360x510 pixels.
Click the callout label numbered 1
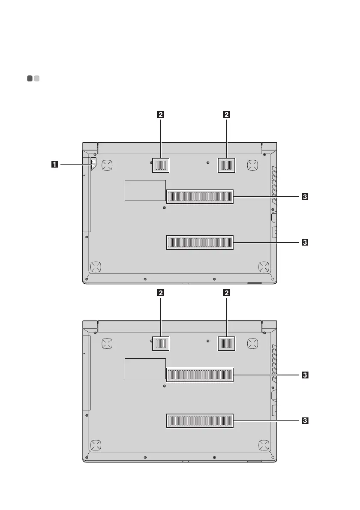pyautogui.click(x=54, y=163)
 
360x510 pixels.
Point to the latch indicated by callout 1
pyautogui.click(x=94, y=162)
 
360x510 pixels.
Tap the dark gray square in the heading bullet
pyautogui.click(x=30, y=79)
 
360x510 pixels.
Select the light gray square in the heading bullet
pyautogui.click(x=37, y=79)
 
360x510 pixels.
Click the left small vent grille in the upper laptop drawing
pyautogui.click(x=160, y=165)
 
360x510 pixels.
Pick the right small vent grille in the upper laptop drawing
pyautogui.click(x=227, y=165)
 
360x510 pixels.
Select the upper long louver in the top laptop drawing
pyautogui.click(x=200, y=197)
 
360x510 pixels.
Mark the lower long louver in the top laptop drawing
pyautogui.click(x=200, y=243)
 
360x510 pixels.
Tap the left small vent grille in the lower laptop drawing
pyautogui.click(x=160, y=343)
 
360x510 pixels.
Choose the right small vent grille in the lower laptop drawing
pyautogui.click(x=227, y=343)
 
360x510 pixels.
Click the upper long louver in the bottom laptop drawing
pyautogui.click(x=200, y=375)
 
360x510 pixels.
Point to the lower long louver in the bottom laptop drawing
pyautogui.click(x=200, y=420)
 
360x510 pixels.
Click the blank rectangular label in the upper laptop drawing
pyautogui.click(x=145, y=191)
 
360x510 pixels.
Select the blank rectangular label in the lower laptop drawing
pyautogui.click(x=145, y=369)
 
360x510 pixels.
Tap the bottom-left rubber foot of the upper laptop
pyautogui.click(x=96, y=267)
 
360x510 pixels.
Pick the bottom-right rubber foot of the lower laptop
pyautogui.click(x=263, y=445)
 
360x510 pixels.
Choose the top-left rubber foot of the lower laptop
pyautogui.click(x=107, y=342)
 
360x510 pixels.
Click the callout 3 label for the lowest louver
pyautogui.click(x=304, y=420)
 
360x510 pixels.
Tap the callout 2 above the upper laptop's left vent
pyautogui.click(x=160, y=114)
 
